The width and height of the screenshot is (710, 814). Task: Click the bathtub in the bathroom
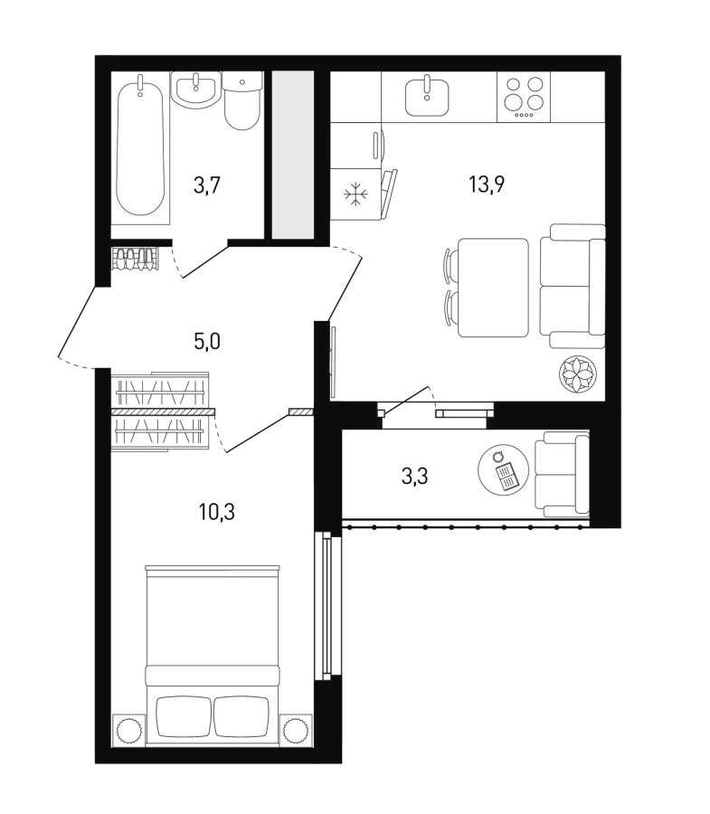click(141, 148)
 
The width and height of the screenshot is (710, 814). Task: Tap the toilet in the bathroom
click(241, 101)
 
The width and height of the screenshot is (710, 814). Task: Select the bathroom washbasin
click(196, 90)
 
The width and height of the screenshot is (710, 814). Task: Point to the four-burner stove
click(524, 97)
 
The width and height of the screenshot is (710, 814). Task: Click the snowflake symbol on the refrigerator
click(355, 194)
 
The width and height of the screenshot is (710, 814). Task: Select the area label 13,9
click(487, 184)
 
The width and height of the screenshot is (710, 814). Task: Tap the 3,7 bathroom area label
click(207, 185)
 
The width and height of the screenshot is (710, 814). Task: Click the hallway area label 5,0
click(207, 342)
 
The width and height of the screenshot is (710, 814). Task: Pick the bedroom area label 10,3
click(216, 513)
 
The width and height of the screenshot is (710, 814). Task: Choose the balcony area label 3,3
click(414, 476)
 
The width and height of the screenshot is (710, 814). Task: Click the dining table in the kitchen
click(493, 288)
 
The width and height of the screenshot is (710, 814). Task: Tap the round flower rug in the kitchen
click(578, 374)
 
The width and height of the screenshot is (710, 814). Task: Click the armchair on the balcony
click(562, 474)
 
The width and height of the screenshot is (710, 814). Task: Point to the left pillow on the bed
click(184, 716)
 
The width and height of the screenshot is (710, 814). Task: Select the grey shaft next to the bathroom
click(293, 155)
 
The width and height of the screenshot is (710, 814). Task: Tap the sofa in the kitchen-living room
click(573, 286)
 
